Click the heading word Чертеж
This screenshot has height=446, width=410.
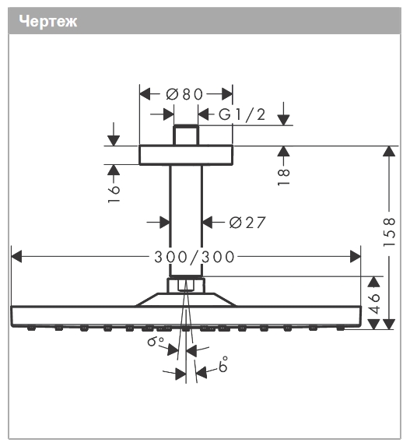(x=47, y=21)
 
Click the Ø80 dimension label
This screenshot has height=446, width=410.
(x=184, y=94)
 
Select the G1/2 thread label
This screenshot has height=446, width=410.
(x=242, y=114)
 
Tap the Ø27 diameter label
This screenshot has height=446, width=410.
(x=247, y=222)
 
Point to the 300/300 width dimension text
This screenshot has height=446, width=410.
(x=194, y=257)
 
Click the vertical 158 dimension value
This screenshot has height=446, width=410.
(x=390, y=232)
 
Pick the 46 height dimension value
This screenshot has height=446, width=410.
(x=374, y=303)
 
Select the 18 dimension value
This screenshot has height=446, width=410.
(x=283, y=177)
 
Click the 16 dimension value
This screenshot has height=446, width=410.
(x=114, y=194)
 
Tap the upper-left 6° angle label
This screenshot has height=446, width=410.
(x=156, y=341)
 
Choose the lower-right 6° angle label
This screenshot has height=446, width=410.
(x=223, y=364)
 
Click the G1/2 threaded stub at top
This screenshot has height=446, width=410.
(x=186, y=135)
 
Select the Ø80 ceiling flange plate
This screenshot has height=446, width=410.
(x=186, y=155)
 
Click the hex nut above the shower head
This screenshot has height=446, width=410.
(x=186, y=286)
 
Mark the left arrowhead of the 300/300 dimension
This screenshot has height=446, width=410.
(x=16, y=257)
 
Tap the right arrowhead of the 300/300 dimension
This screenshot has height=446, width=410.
(x=356, y=257)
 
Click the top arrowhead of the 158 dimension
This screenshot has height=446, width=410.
(x=389, y=151)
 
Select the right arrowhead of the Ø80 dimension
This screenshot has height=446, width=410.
(x=227, y=94)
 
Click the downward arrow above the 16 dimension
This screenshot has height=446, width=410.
(x=114, y=134)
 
